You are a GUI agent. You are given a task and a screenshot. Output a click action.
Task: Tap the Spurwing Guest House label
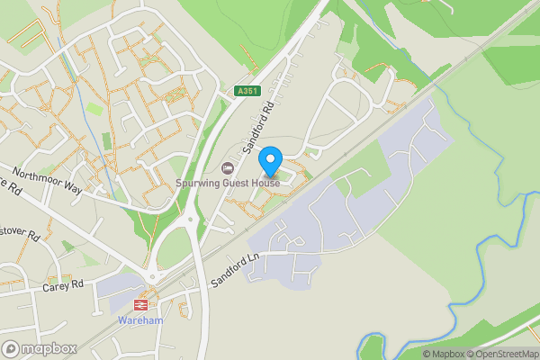click(228, 184)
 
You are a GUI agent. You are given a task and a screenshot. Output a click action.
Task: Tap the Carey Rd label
click(63, 287)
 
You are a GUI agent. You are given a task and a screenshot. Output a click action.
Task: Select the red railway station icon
click(140, 305)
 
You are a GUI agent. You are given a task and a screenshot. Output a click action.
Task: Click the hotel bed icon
click(228, 168)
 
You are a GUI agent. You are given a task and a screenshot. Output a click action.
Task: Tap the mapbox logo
click(40, 348)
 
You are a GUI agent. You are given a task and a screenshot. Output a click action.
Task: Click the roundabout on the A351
click(189, 219)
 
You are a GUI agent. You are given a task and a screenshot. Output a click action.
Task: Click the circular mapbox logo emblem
click(12, 348)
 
